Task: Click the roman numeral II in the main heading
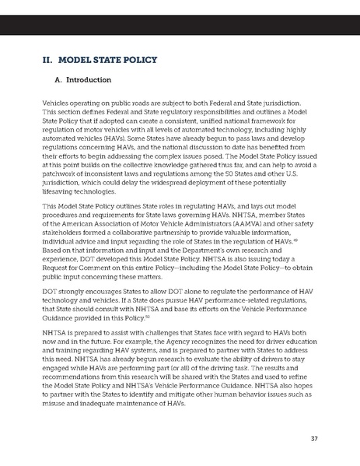pos(47,58)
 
